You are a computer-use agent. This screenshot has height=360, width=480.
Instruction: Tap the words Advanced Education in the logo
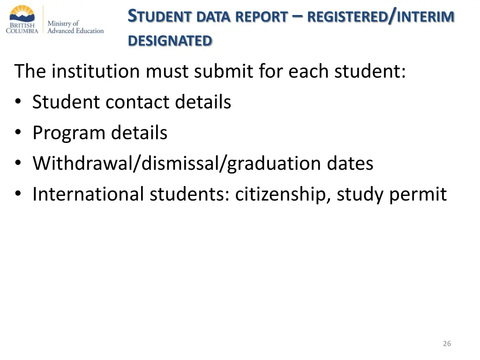pyautogui.click(x=75, y=31)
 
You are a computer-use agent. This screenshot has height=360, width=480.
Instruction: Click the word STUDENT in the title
pyautogui.click(x=160, y=17)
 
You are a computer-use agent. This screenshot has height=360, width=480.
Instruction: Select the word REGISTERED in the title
pyautogui.click(x=347, y=17)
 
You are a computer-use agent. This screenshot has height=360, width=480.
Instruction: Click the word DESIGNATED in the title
pyautogui.click(x=170, y=41)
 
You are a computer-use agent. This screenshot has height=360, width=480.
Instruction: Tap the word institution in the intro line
pyautogui.click(x=96, y=72)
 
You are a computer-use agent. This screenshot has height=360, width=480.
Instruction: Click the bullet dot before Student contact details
pyautogui.click(x=18, y=103)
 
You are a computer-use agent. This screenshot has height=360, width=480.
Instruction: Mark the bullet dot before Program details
pyautogui.click(x=18, y=134)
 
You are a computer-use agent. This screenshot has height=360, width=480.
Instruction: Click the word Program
pyautogui.click(x=68, y=134)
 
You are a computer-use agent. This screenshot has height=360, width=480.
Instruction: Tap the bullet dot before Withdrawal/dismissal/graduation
pyautogui.click(x=18, y=164)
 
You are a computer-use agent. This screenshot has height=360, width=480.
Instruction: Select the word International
pyautogui.click(x=88, y=195)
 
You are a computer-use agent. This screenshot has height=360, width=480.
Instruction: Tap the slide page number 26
pyautogui.click(x=447, y=344)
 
